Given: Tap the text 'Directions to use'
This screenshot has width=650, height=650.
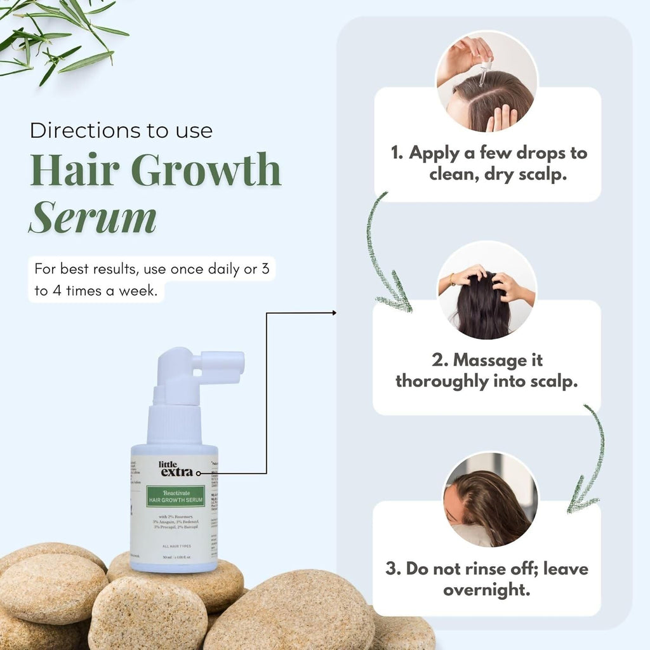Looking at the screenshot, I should coord(121,131).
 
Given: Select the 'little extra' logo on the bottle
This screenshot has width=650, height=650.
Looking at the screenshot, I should coord(176,468).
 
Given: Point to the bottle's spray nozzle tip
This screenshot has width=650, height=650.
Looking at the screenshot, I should coord(237,361).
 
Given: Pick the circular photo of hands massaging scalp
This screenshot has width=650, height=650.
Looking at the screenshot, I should coord(487,291).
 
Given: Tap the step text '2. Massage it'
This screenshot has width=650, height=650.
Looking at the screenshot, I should coord(487,361).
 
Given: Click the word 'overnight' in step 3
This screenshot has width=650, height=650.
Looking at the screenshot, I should coord(486,590).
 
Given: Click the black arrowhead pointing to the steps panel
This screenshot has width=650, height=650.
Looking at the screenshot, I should coord(333,313).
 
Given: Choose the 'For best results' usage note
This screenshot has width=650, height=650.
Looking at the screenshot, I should coord(152,279).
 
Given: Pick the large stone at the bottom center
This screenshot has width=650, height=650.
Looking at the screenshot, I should coord(292,609).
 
